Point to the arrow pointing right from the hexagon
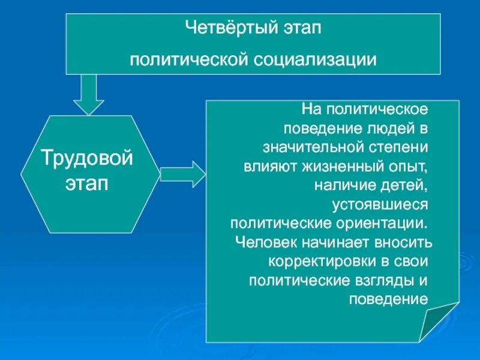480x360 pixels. point(183,175)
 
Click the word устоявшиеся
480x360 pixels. point(380,204)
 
